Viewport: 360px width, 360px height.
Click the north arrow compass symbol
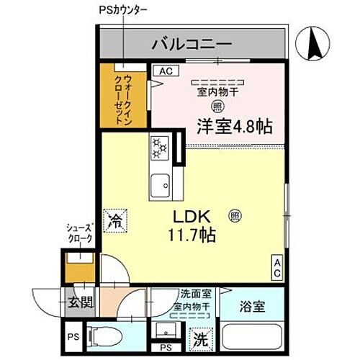click(x=314, y=45)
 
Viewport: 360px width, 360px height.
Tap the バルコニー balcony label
click(x=191, y=45)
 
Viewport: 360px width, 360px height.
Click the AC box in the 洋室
click(x=166, y=71)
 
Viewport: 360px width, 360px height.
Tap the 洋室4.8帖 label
click(x=234, y=127)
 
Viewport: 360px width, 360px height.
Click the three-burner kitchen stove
click(x=159, y=150)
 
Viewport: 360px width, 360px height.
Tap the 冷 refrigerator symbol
click(x=113, y=220)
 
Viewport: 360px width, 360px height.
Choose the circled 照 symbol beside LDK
click(x=235, y=215)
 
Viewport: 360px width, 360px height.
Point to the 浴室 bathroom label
click(x=252, y=306)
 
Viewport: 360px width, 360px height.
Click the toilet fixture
click(x=104, y=336)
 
